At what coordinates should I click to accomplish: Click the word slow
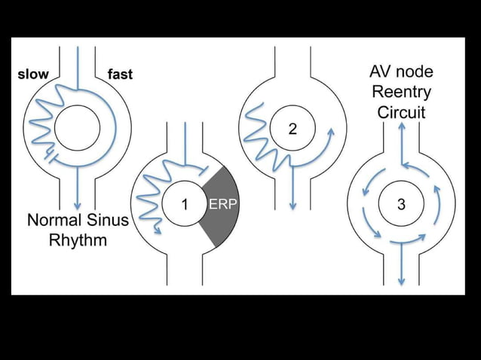pos(33,75)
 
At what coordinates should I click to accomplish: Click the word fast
pos(121,75)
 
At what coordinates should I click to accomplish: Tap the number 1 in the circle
pos(185,204)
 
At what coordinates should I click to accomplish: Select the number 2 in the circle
pos(293,129)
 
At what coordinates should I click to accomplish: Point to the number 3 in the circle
pos(401,204)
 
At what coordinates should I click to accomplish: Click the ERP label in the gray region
pos(223,204)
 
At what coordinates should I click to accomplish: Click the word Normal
pos(54,220)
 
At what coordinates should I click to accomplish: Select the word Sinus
pos(107,220)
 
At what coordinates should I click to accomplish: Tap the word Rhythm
pos(78,240)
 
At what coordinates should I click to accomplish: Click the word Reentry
pos(401,92)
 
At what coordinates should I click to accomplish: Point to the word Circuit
pos(401,112)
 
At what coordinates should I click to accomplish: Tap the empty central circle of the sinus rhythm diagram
pos(78,128)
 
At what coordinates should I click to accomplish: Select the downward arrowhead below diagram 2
pos(293,206)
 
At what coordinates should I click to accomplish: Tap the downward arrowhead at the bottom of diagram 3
pos(401,282)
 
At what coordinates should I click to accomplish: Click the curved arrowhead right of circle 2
pos(331,133)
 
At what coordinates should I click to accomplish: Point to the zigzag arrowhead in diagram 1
pos(158,230)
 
